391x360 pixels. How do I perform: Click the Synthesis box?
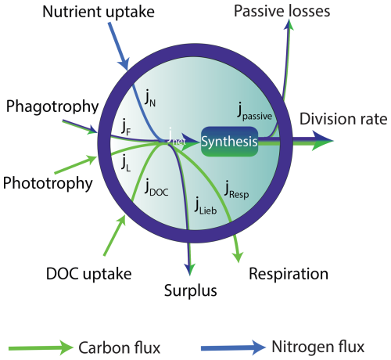[x=229, y=142]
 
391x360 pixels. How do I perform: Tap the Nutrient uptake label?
[x=99, y=12]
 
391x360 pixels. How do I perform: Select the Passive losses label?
[x=282, y=11]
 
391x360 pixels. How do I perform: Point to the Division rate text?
[x=343, y=119]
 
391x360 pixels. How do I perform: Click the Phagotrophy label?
[x=52, y=107]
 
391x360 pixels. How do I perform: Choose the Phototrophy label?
[x=48, y=183]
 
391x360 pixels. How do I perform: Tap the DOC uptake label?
[x=89, y=274]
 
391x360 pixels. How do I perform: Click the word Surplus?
[x=191, y=291]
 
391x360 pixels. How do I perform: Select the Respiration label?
[x=289, y=275]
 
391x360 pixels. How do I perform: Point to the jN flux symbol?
[x=150, y=99]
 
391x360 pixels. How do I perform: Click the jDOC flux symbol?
[x=156, y=188]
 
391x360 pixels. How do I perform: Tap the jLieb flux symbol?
[x=206, y=206]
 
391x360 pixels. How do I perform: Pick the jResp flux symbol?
[x=236, y=189]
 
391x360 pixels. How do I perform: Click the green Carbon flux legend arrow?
[x=41, y=348]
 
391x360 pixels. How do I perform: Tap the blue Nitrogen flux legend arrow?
[x=233, y=347]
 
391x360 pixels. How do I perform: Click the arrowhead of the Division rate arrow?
[x=323, y=141]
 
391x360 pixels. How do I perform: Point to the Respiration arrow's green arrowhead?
[x=239, y=257]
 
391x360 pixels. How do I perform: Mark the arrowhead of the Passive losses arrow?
[x=289, y=25]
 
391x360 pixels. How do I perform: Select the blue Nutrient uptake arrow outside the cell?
[x=119, y=46]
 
